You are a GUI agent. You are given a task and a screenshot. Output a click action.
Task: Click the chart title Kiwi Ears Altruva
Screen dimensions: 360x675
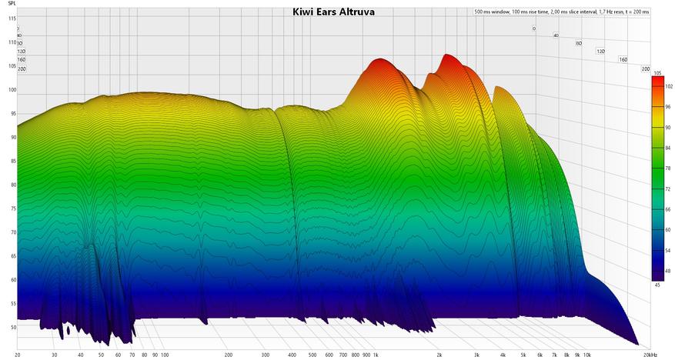pyautogui.click(x=333, y=12)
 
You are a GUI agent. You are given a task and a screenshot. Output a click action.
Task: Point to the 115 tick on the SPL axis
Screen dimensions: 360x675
pyautogui.click(x=12, y=29)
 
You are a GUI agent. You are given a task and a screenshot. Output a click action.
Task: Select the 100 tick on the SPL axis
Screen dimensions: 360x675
pyautogui.click(x=12, y=90)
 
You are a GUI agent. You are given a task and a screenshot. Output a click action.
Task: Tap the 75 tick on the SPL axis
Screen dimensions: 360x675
pyautogui.click(x=12, y=208)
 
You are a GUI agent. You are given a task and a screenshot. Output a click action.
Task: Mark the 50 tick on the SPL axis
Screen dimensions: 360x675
pyautogui.click(x=12, y=327)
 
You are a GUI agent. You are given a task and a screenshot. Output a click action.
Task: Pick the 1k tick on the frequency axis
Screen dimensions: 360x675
pyautogui.click(x=376, y=355)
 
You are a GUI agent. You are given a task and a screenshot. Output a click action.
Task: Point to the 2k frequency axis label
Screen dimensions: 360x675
pyautogui.click(x=439, y=355)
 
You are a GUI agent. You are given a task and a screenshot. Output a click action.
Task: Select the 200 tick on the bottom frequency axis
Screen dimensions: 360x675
pyautogui.click(x=228, y=355)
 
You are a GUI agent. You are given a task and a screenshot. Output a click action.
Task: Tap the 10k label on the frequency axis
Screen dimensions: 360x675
pyautogui.click(x=586, y=355)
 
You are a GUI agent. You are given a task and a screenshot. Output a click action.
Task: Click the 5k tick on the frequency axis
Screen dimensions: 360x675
pyautogui.click(x=523, y=355)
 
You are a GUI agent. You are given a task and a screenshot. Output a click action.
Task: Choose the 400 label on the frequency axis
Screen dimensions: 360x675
pyautogui.click(x=292, y=355)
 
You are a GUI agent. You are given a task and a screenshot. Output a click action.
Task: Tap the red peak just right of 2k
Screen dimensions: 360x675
pyautogui.click(x=447, y=58)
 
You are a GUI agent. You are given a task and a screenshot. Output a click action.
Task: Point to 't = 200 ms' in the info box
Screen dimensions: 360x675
pyautogui.click(x=633, y=12)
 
